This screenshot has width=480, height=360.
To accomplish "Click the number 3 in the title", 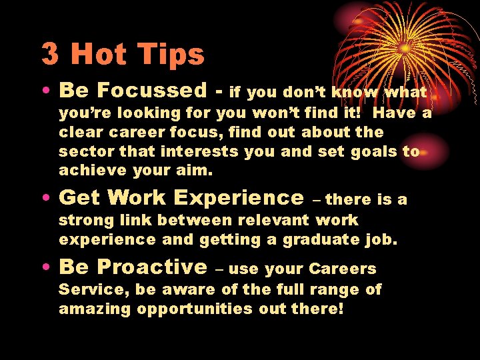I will click(49, 54).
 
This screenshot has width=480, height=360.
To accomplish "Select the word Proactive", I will click(152, 267).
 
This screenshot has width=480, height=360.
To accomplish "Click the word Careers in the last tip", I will click(343, 269).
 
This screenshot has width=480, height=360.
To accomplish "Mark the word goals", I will click(373, 151).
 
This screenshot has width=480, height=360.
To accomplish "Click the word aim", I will click(197, 170).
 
